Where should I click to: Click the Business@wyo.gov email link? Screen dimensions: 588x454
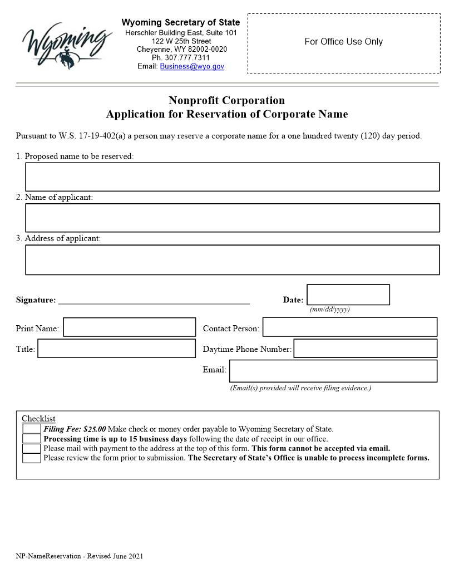pos(192,66)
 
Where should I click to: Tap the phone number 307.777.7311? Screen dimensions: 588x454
pos(181,57)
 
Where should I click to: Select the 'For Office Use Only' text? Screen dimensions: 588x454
pos(343,42)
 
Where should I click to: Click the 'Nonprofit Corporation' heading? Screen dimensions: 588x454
pos(226,100)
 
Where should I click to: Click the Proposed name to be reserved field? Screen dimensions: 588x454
pos(232,177)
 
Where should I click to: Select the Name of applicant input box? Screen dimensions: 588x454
pos(232,218)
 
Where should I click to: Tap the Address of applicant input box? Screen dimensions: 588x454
pos(232,259)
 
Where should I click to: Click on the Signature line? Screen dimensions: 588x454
pos(154,300)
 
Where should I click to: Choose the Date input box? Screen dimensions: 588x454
pos(348,295)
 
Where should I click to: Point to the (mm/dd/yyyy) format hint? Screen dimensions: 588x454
pos(329,310)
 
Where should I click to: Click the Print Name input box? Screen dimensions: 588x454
pos(130,327)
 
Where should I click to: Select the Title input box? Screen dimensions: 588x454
pos(116,349)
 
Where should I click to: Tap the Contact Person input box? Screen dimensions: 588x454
pos(349,327)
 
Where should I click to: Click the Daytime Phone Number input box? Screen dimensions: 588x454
pos(365,349)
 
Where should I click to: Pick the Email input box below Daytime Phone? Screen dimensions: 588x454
pos(333,371)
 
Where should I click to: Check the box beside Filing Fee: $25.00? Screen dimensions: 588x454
pos(31,429)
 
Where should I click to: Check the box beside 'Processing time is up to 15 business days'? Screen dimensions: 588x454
pos(31,439)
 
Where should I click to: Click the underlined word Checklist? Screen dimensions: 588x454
pos(38,419)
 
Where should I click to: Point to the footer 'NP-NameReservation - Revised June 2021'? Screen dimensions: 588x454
pos(79,556)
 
